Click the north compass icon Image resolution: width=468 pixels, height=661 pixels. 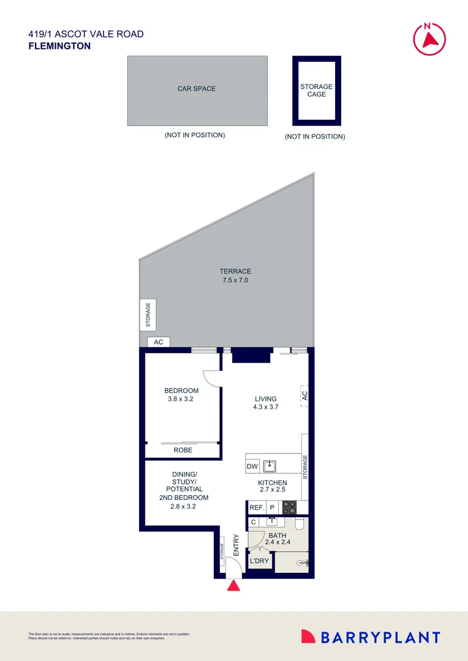[429, 38]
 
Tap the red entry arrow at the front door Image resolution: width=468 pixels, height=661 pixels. [234, 586]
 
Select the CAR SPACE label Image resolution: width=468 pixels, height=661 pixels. [197, 89]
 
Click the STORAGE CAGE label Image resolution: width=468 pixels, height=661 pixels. [317, 91]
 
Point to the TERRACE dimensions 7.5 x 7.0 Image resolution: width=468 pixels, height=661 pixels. [235, 280]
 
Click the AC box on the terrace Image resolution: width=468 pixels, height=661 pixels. [158, 342]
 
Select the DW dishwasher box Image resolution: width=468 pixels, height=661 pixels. [252, 466]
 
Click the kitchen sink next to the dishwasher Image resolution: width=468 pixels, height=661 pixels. [270, 466]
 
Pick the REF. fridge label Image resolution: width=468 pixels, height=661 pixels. [256, 507]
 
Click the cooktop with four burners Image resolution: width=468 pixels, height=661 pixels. [288, 507]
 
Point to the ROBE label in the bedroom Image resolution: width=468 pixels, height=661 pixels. [183, 450]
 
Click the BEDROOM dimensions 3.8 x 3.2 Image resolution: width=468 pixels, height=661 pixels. [181, 399]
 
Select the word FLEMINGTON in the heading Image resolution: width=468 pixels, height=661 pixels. [59, 46]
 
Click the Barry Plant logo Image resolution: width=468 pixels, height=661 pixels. [371, 637]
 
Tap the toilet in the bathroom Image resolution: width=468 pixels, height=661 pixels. [300, 524]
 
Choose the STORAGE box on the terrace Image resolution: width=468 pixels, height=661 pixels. [148, 315]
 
